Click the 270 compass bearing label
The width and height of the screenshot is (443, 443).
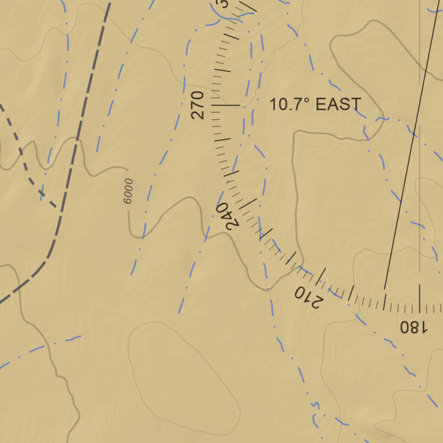(x=197, y=105)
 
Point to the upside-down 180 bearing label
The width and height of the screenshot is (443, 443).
(x=413, y=327)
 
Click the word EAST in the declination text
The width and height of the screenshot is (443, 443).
(x=338, y=104)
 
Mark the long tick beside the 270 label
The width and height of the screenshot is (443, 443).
(x=225, y=105)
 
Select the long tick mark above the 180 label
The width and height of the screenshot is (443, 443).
(x=419, y=299)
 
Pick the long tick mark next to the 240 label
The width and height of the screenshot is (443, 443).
(x=248, y=203)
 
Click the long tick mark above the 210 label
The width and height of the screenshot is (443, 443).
(x=321, y=277)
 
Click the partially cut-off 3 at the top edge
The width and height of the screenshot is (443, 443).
(x=223, y=3)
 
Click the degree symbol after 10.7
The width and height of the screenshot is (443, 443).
(x=307, y=100)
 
